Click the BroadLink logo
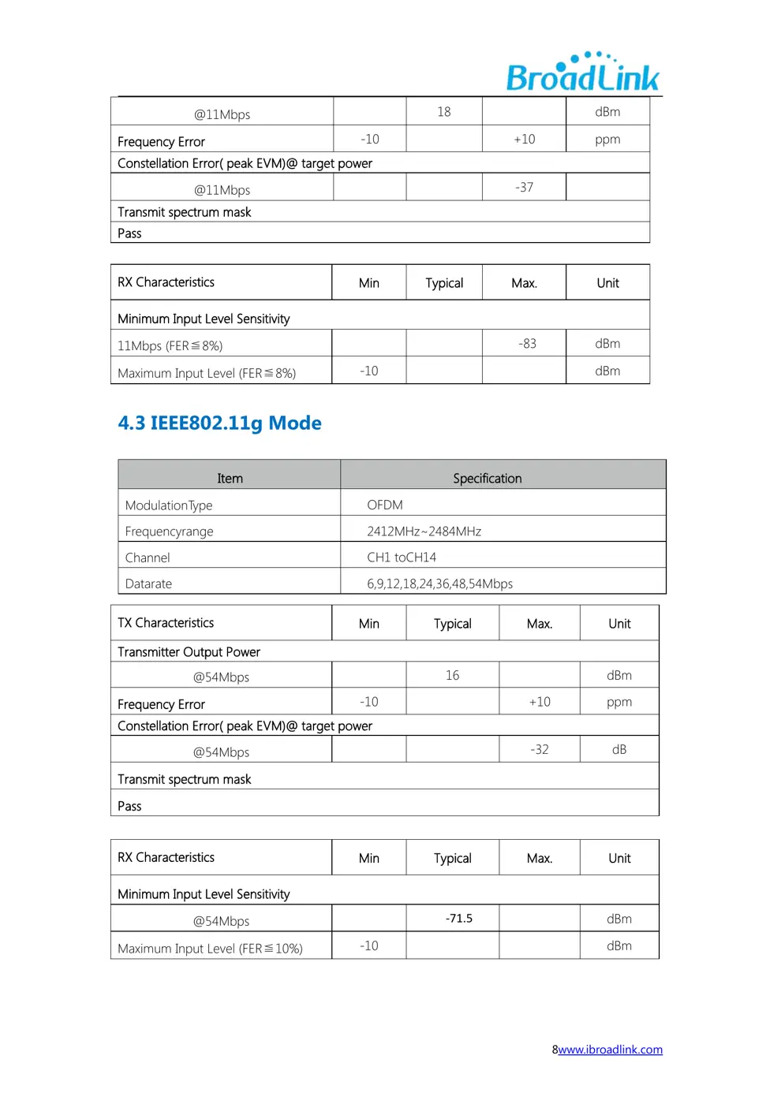[x=582, y=73]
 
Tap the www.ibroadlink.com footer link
[x=610, y=1050]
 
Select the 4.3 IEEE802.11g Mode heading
[x=219, y=423]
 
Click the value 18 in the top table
[x=444, y=112]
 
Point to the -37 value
[x=525, y=188]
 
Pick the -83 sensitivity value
[x=527, y=344]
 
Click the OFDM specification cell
[x=385, y=505]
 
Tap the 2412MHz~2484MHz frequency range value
[x=424, y=531]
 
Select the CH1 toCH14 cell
[x=402, y=558]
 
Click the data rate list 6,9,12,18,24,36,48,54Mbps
[x=439, y=584]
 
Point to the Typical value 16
[x=452, y=676]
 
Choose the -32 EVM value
[x=540, y=750]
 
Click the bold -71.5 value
[x=459, y=919]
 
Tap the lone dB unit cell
[x=619, y=750]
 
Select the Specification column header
[x=487, y=479]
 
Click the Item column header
[x=230, y=479]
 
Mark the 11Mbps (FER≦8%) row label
[x=170, y=346]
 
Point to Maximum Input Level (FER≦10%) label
[x=210, y=949]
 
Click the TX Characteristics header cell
[x=166, y=623]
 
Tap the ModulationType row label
[x=169, y=505]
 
